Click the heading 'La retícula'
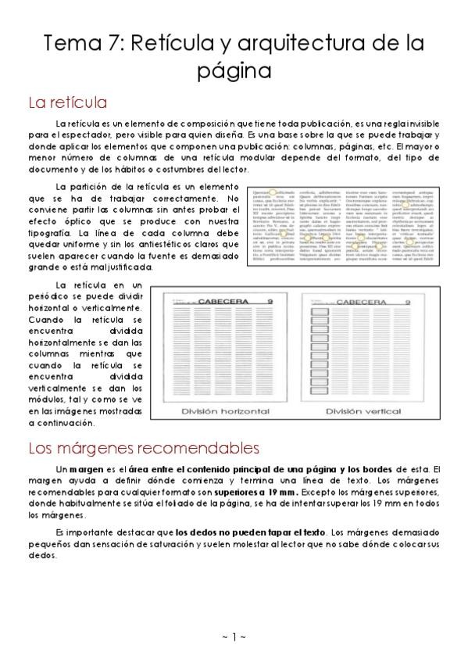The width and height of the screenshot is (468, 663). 67,102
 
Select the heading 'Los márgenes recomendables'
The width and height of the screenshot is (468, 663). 143,448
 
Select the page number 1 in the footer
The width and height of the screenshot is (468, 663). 234,637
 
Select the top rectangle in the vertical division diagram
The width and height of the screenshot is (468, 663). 319,314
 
